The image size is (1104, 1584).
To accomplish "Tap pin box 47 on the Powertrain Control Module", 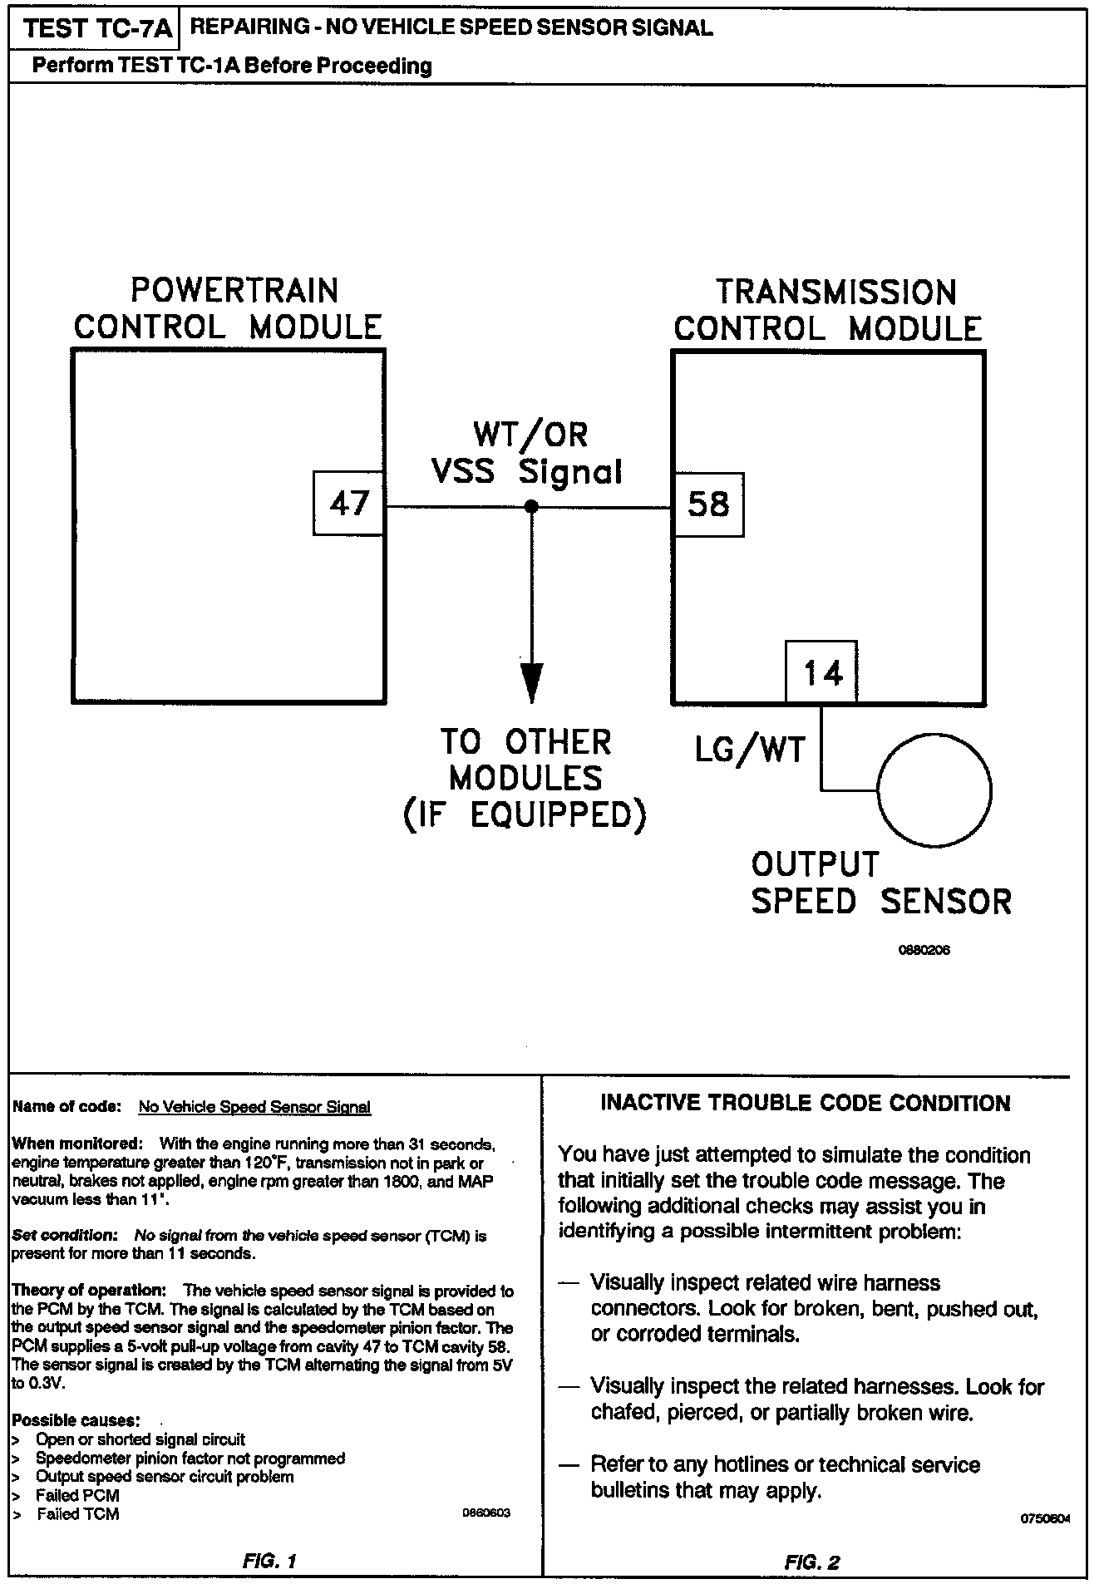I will point(349,503).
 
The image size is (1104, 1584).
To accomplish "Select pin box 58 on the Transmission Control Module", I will point(708,504).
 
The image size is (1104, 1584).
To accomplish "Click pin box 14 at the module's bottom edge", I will point(822,671).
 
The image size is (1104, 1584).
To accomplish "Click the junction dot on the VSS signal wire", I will point(531,507).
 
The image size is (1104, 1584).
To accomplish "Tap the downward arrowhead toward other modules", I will point(531,681).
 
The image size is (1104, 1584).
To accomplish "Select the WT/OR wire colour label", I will point(530,434).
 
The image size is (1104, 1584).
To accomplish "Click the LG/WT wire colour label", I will point(751,750).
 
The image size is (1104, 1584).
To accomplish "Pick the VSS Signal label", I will point(527,472).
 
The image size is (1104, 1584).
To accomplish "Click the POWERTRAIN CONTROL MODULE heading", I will point(229,308).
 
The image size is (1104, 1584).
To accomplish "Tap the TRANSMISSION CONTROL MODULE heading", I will point(828,310).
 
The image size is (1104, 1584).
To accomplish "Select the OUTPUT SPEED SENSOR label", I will point(880,883).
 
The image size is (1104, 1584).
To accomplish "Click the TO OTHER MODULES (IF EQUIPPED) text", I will point(525,779).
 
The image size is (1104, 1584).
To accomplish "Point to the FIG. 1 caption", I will point(269,1561).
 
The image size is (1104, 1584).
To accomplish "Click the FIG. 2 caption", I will point(811,1562).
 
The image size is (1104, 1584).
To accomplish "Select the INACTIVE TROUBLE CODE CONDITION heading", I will point(805,1103).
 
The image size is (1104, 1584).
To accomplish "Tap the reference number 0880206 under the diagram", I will point(924,951).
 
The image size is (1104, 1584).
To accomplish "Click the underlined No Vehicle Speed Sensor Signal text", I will point(254,1107).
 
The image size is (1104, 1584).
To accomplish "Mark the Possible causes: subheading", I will point(76,1419).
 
